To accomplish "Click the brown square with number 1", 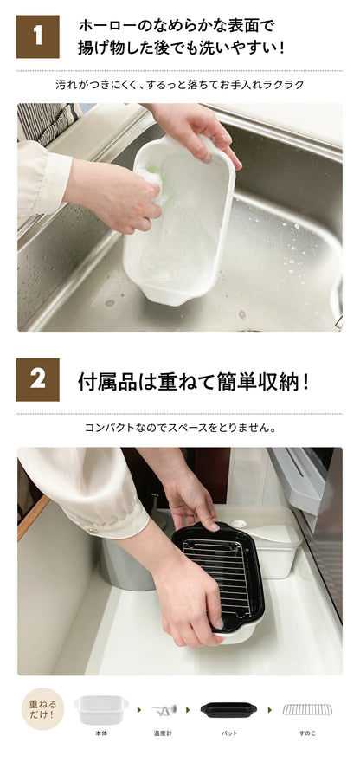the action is tap(38, 36).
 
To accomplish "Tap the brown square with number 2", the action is tap(38, 379).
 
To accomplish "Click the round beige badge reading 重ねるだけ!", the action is tap(42, 708).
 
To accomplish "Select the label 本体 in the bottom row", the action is tap(101, 733).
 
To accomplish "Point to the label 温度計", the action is tap(164, 733).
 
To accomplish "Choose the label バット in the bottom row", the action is tap(229, 733).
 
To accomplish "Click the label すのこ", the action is tap(307, 733).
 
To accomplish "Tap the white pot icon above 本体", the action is tap(101, 709).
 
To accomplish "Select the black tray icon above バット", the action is tap(228, 709).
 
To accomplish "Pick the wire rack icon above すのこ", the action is tap(307, 709).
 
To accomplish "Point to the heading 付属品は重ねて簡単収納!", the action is tap(193, 382).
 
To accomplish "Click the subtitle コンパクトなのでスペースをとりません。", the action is tap(181, 428).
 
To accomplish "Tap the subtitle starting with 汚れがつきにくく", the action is tap(180, 85).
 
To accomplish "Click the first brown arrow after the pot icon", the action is tap(139, 710).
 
